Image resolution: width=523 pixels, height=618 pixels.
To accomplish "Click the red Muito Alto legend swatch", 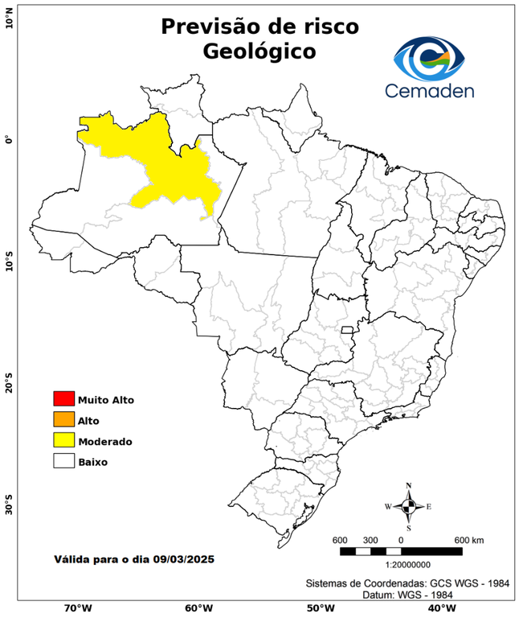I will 63,398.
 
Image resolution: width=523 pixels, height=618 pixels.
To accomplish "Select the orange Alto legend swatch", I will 63,419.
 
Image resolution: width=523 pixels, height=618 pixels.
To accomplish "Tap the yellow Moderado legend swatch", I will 63,440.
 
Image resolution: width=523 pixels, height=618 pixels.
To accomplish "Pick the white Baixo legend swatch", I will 63,461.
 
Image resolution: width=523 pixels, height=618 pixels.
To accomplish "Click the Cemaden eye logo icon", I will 430,56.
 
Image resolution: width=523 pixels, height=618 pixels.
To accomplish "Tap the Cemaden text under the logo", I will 430,90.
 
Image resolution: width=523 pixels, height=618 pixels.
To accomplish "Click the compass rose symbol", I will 408,506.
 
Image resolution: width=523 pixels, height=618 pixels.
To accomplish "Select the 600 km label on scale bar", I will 468,539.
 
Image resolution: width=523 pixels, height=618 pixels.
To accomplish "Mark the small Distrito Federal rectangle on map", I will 348,330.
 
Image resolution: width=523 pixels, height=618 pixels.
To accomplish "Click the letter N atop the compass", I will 409,486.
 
